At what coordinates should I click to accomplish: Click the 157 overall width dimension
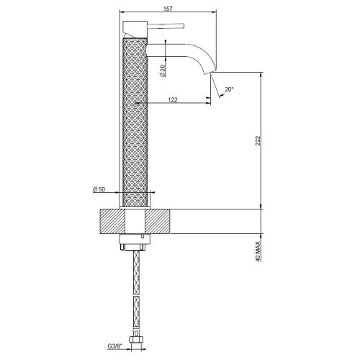tap(169, 6)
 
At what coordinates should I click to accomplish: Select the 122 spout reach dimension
tap(174, 101)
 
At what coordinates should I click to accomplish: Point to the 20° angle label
tap(229, 90)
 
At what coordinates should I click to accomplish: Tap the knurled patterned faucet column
tap(135, 122)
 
